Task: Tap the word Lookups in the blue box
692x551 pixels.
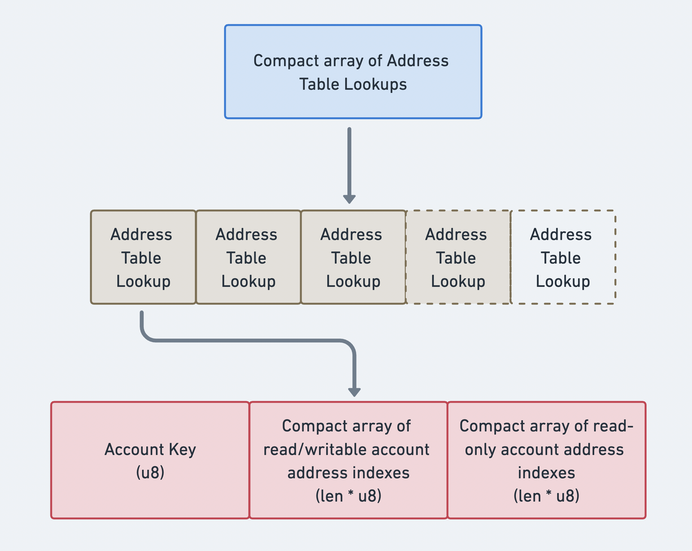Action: [375, 84]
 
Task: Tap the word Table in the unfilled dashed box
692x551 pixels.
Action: [560, 258]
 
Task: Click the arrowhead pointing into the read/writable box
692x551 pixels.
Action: [354, 392]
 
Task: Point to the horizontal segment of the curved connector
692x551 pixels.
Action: [247, 340]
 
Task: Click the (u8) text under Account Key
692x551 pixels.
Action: [150, 472]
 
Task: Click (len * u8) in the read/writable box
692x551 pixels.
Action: [348, 496]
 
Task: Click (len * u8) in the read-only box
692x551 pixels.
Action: [546, 496]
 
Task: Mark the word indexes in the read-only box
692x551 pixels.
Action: [546, 473]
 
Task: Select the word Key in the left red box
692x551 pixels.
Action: [182, 450]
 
